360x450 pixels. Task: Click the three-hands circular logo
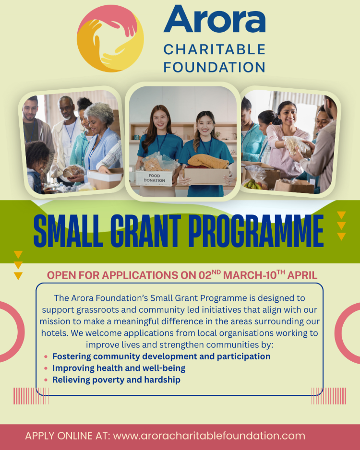click(x=110, y=39)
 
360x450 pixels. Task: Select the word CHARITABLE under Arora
click(x=214, y=49)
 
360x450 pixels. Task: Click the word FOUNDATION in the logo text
click(x=214, y=66)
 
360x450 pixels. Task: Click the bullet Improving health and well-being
click(x=119, y=368)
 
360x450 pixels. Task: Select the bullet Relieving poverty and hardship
click(x=116, y=379)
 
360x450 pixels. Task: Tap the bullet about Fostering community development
click(x=161, y=356)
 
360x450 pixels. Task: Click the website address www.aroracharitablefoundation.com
click(x=209, y=436)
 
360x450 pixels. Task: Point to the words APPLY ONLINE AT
click(x=67, y=436)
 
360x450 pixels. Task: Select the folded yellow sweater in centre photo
click(x=208, y=162)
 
